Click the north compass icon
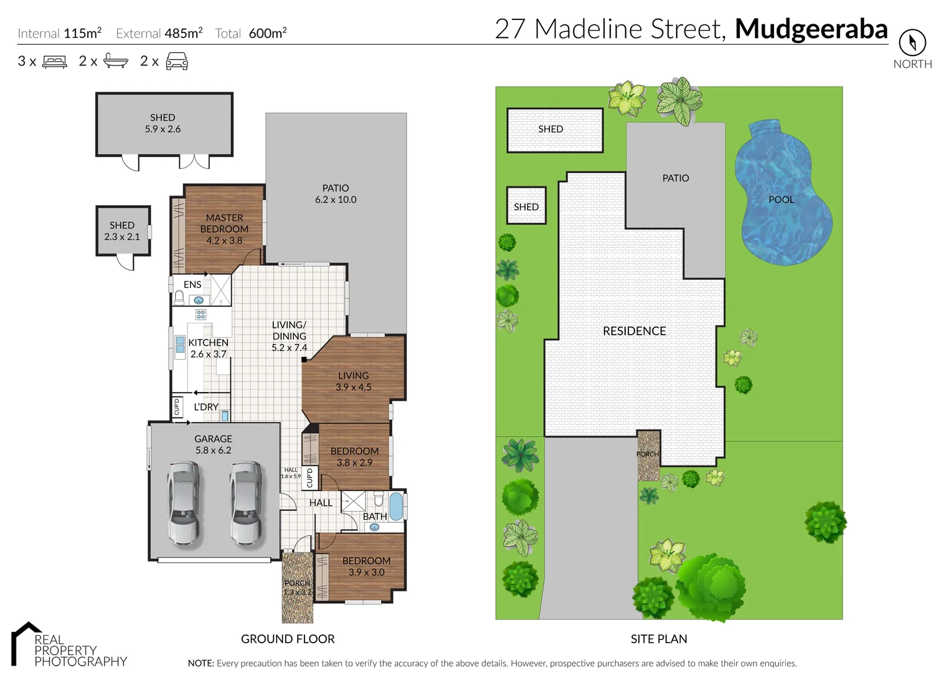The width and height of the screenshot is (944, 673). coord(912,42)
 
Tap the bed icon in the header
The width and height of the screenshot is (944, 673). coord(54,62)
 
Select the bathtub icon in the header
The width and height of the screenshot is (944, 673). coord(116,61)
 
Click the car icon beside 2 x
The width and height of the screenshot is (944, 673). coord(177,61)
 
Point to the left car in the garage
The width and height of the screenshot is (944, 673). coord(184,503)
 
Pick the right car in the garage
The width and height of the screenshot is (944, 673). coord(246,503)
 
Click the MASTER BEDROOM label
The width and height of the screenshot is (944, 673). coord(224,229)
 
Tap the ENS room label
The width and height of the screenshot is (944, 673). coord(192,285)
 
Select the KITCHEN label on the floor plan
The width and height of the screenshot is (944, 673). coord(208,343)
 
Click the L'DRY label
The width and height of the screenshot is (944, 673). coord(206,407)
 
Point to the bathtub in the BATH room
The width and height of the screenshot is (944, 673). coord(396,505)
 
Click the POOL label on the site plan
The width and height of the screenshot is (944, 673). coord(781,200)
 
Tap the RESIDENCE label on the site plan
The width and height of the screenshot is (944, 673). coord(634,332)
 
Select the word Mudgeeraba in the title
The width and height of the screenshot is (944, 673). coord(811,29)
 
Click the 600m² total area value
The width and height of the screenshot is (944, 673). coord(268,34)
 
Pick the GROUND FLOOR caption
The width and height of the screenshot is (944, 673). coord(288,639)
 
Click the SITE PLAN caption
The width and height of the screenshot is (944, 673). coord(659,639)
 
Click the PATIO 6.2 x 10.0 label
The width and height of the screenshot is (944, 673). coord(336,194)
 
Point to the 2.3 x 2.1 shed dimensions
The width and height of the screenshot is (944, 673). coord(122,237)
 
